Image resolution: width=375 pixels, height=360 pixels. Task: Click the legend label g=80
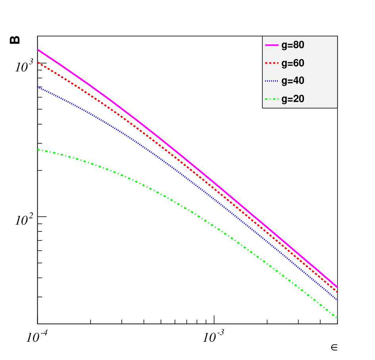[293, 45]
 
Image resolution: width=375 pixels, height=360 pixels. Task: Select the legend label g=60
[293, 63]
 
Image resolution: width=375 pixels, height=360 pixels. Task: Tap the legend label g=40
[293, 81]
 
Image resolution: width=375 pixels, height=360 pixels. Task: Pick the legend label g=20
[293, 99]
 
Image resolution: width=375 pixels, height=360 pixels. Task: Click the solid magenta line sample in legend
[272, 45]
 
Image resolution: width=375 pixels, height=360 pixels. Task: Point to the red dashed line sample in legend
[272, 63]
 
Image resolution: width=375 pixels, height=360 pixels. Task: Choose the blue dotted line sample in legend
[272, 81]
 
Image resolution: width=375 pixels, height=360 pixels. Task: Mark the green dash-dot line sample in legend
[272, 99]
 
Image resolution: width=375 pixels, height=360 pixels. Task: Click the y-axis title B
[14, 40]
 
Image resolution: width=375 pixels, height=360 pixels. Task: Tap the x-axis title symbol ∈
[334, 347]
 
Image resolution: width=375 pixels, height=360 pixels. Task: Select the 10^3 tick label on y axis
[24, 66]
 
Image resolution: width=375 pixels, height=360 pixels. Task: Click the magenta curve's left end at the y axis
[38, 50]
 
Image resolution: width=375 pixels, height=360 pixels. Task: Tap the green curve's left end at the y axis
[38, 150]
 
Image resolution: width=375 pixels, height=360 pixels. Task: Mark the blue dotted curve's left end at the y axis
[38, 87]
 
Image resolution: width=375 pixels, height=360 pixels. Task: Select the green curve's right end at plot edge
[337, 318]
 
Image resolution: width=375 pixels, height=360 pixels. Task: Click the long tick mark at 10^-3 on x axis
[214, 320]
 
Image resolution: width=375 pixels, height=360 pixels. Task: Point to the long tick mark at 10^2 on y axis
[42, 216]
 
